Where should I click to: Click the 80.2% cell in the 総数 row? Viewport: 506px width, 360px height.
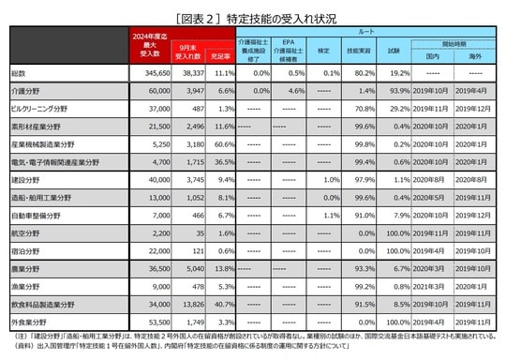(x=360, y=71)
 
